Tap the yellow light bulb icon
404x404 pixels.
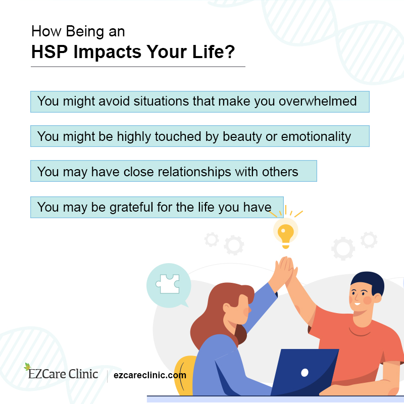[286, 233]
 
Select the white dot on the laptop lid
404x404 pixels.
[305, 373]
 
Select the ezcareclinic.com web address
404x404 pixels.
[150, 375]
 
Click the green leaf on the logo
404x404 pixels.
[27, 367]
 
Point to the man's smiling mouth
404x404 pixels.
[357, 305]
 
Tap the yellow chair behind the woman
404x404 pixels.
[185, 374]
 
